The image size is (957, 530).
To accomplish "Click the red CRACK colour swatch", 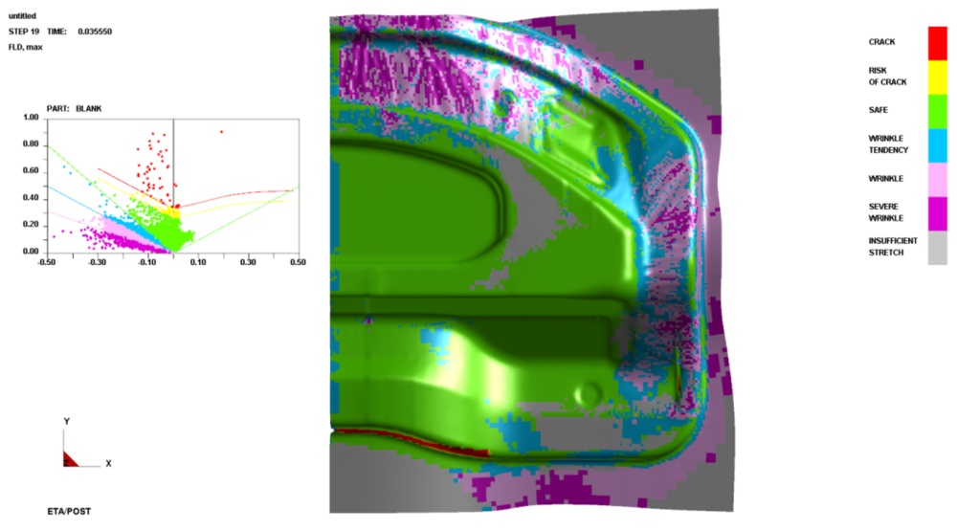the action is [938, 43].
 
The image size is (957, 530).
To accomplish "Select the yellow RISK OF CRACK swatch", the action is [938, 77].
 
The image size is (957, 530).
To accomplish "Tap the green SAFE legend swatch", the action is [938, 111].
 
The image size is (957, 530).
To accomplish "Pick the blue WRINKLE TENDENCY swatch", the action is [938, 145].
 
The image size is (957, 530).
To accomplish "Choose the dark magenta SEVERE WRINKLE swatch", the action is [938, 213].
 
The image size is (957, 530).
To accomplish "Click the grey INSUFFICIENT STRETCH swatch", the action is [938, 248].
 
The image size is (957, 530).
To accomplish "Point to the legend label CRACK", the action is [881, 42].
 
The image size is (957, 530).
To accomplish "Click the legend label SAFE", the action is [878, 110].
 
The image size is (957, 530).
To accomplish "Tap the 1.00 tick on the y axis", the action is [32, 117].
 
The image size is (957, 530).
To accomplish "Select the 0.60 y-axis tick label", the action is [32, 171].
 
